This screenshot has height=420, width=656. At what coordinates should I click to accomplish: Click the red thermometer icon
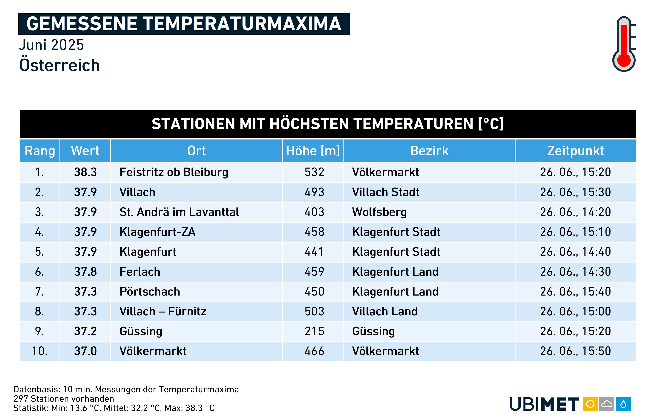coord(624,44)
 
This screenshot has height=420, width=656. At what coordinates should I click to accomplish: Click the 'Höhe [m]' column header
coord(313,151)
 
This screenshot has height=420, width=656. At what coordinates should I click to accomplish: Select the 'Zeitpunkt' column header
coord(575,151)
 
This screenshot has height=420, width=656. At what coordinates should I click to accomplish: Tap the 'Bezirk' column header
coord(429,151)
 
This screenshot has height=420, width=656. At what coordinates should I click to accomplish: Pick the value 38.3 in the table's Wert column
coord(85,172)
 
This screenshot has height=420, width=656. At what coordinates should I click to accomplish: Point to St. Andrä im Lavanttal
coord(179,212)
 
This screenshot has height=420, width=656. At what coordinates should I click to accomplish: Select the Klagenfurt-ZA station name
coord(157,232)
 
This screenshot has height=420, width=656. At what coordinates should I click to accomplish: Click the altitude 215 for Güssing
coord(314,331)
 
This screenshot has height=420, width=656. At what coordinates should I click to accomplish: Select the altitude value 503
coord(314,311)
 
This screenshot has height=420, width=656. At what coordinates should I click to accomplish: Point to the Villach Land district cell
coord(385,311)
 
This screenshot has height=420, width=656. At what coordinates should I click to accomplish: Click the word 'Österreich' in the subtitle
coord(59,65)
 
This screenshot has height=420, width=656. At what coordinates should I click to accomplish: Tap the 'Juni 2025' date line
coord(51,45)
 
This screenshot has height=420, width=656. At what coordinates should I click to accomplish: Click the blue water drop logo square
coord(623,404)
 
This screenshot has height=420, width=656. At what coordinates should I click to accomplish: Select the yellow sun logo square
coord(590,404)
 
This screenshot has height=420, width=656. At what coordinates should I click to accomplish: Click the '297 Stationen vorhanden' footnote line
coord(64,399)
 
